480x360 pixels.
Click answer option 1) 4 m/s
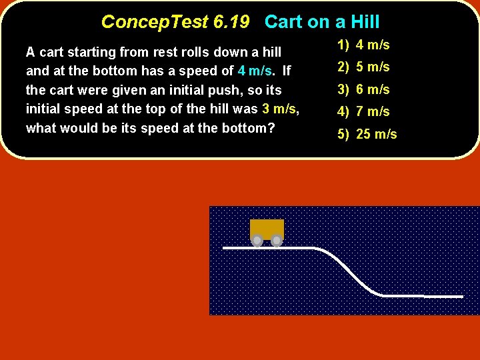point(363,45)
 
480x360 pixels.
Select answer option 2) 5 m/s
point(363,67)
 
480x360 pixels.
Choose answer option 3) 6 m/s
point(363,89)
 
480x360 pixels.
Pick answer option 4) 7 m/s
point(363,111)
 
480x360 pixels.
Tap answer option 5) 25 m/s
point(367,134)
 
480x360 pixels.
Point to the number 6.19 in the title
point(231,22)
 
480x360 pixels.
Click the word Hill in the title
point(365,22)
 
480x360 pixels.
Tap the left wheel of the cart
point(257,240)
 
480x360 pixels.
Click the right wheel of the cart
point(277,240)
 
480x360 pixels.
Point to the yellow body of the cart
point(267,228)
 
